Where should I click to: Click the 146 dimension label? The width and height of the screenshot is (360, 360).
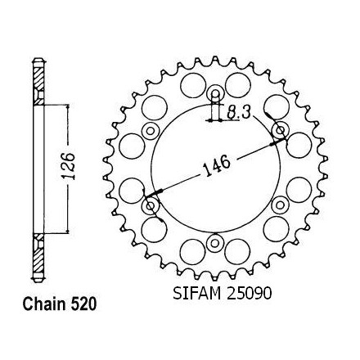218,166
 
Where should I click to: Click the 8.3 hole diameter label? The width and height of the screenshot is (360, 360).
239,113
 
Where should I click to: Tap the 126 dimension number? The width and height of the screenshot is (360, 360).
69,166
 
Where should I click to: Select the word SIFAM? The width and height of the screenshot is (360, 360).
196,294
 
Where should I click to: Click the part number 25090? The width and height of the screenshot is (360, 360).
249,294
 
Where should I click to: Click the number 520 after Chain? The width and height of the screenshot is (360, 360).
83,304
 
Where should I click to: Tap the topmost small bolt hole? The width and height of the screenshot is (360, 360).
215,94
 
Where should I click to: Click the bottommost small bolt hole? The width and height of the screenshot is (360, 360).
214,243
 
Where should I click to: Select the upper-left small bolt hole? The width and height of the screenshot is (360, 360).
151,131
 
